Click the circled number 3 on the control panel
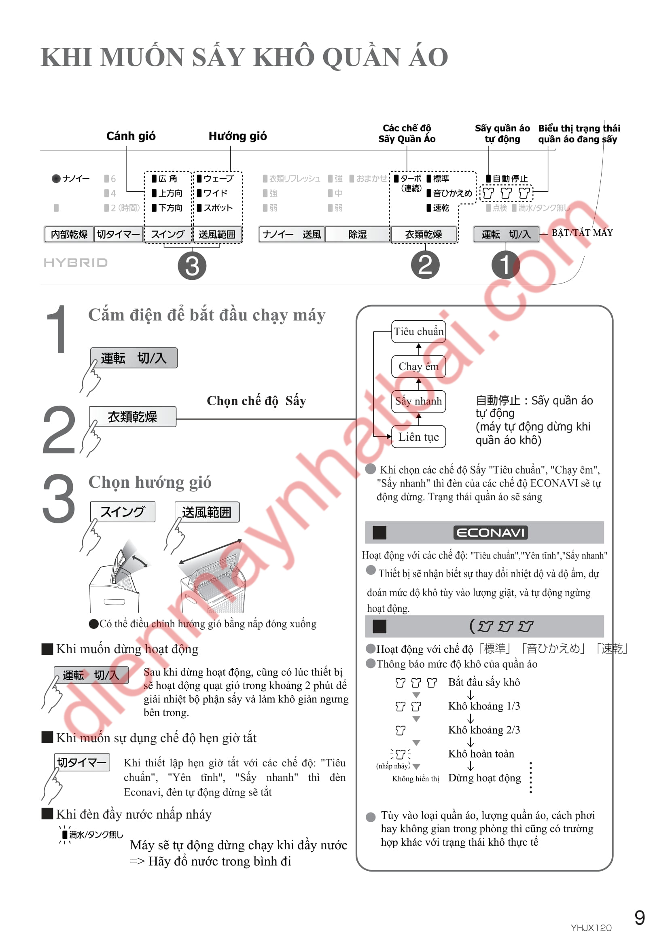point(192,266)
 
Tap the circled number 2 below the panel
point(425,265)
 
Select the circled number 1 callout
point(505,265)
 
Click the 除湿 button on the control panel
point(357,235)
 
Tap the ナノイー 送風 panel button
point(292,235)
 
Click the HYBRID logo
point(76,262)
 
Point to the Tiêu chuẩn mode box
point(418,331)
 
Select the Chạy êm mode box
point(418,366)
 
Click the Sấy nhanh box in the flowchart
point(418,401)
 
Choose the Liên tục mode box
point(418,437)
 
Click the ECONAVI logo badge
point(490,532)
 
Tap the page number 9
point(639,918)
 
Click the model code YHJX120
point(591,928)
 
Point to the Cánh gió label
point(131,136)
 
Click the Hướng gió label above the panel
point(237,136)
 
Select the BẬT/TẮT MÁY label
point(582,233)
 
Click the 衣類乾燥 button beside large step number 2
point(132,417)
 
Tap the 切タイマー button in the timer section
point(82,762)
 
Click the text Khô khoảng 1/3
point(484,706)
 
